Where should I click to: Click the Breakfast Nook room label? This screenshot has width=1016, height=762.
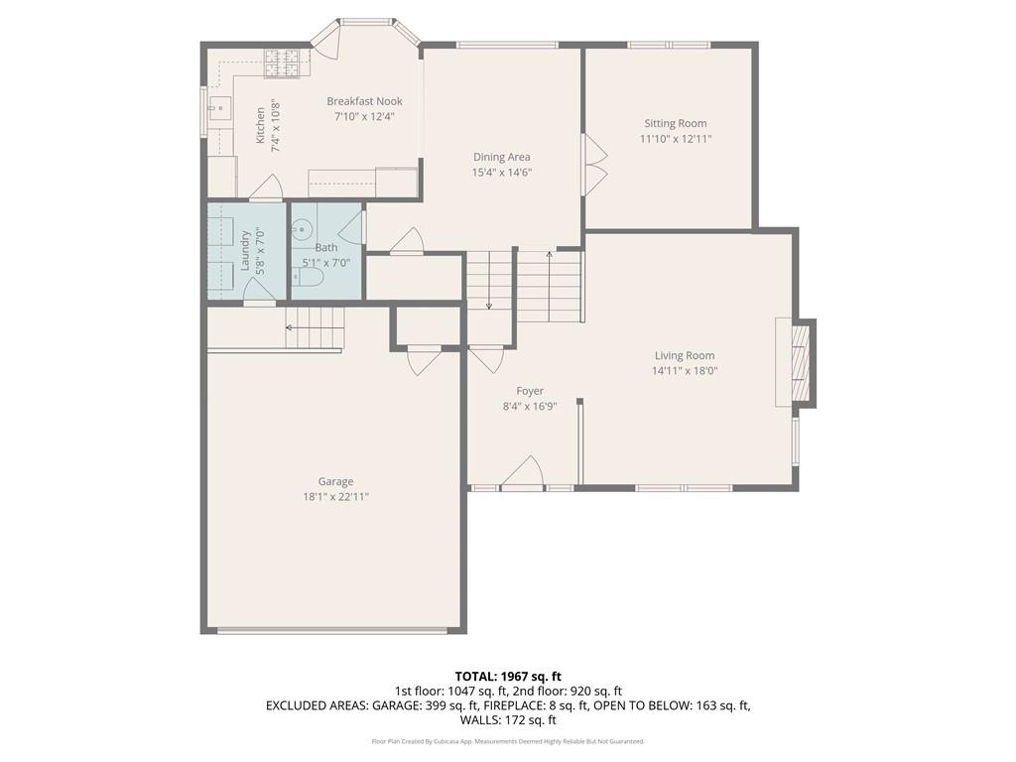364,101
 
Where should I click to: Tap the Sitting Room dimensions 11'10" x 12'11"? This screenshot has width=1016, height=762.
676,139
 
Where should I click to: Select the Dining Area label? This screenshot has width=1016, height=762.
501,157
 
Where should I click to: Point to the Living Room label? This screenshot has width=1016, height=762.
684,355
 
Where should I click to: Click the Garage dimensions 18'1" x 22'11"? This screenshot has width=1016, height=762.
335,497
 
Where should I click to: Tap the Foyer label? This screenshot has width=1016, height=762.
530,391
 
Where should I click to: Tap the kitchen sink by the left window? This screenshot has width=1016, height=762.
220,107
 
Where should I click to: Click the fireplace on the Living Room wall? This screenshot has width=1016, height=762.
797,362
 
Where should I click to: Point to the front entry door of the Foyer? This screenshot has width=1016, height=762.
523,473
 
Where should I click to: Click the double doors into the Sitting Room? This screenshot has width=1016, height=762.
594,165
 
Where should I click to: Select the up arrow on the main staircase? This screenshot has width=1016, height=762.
549,257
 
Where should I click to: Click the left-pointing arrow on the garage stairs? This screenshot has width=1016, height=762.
290,326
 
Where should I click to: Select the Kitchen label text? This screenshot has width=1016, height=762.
261,126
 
